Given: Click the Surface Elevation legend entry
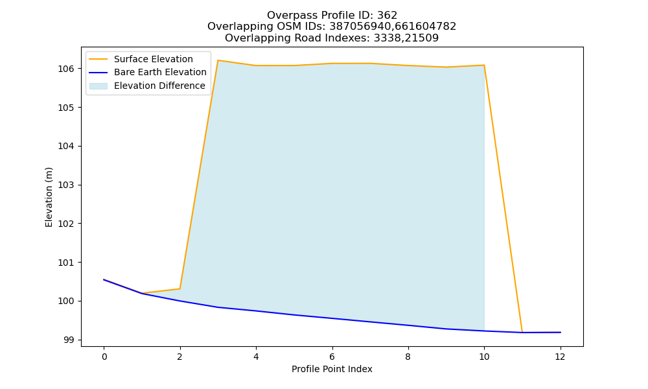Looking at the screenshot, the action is (x=141, y=59).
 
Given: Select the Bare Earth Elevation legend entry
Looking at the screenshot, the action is (x=148, y=73).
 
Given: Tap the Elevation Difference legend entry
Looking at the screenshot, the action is (x=147, y=86).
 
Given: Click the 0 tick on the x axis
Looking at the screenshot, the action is (x=104, y=357).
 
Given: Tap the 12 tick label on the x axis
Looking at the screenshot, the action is (x=560, y=357).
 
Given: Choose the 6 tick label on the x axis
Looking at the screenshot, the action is (x=332, y=357).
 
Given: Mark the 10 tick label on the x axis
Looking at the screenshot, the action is (x=484, y=357).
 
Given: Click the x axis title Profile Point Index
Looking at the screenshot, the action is (x=332, y=369).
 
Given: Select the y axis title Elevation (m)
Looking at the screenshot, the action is (x=49, y=197).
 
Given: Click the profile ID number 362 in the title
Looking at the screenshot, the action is (x=387, y=16).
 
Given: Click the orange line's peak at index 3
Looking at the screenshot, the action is (x=218, y=60).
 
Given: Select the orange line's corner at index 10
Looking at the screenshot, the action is (x=484, y=65).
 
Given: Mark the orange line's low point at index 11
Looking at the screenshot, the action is (x=522, y=332).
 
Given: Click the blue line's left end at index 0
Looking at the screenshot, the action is (x=104, y=280).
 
